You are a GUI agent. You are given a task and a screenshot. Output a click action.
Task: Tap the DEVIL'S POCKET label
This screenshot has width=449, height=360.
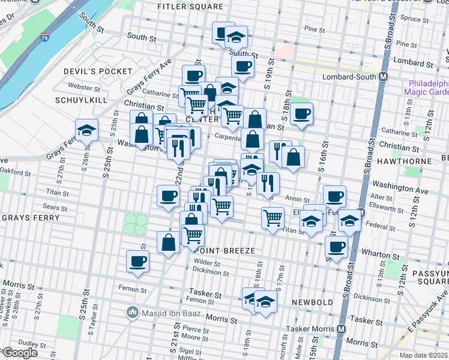(x=98, y=71)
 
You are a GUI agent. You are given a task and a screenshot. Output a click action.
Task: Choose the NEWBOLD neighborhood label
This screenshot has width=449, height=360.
(x=312, y=302)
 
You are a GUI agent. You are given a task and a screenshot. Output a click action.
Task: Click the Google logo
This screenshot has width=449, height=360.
(x=20, y=353)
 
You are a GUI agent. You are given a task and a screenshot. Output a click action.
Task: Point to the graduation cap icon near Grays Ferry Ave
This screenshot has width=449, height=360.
(x=86, y=130)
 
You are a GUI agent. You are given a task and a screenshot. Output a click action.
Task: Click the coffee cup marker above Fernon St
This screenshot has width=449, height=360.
(x=137, y=262)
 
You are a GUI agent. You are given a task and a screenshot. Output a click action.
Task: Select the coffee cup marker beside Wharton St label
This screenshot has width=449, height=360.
(x=337, y=246)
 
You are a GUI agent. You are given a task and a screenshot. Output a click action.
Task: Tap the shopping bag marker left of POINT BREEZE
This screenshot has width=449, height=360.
(x=169, y=242)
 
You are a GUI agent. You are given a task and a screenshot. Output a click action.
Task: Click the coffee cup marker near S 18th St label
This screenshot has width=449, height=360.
(x=302, y=113)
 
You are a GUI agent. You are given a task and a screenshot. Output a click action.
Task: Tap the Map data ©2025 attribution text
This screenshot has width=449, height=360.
(x=424, y=355)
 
